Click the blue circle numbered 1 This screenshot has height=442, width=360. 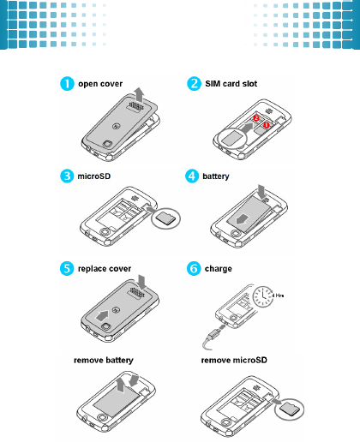click(x=67, y=84)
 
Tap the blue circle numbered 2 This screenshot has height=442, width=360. click(x=194, y=84)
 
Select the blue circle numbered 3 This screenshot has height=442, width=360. click(x=67, y=176)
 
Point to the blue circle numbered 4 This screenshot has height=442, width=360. click(x=192, y=176)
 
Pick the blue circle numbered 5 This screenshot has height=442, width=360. click(x=67, y=269)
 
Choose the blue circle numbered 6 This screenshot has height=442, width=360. click(x=194, y=269)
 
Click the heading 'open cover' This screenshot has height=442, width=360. click(x=100, y=84)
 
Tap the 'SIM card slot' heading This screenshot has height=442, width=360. click(x=231, y=84)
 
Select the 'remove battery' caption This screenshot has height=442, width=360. click(x=104, y=361)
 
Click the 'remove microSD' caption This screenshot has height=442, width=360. click(x=234, y=360)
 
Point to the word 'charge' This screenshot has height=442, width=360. click(x=219, y=269)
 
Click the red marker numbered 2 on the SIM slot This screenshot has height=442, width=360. click(x=256, y=117)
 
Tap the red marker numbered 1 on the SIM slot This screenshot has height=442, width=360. click(x=267, y=125)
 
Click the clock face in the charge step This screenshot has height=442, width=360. click(x=263, y=297)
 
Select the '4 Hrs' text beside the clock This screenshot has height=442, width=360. click(x=278, y=296)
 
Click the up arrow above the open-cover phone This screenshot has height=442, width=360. click(x=140, y=95)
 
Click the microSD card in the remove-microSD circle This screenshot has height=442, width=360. click(x=290, y=409)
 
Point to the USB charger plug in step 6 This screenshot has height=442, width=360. click(x=213, y=334)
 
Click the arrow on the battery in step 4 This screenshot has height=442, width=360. click(x=243, y=219)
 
